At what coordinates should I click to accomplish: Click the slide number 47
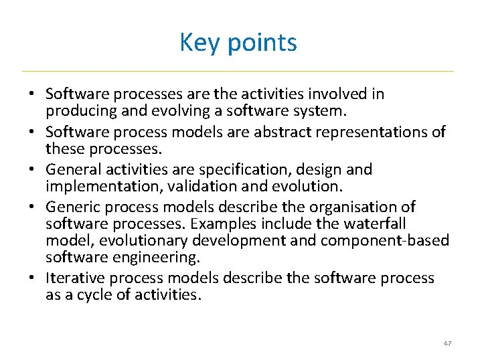tap(447, 343)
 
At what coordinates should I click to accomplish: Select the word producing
tap(78, 110)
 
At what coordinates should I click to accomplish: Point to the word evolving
tap(164, 110)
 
